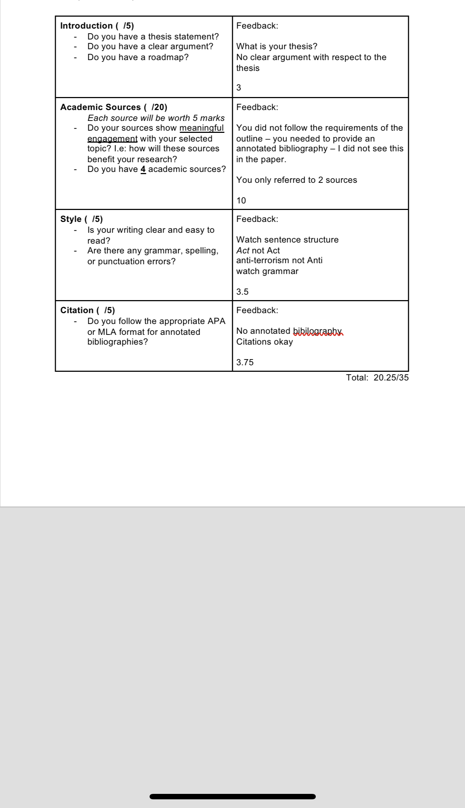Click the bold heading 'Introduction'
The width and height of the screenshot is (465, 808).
coord(86,26)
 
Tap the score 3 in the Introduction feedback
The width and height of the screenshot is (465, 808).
coord(239,88)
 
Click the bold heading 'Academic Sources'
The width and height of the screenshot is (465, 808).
coord(100,107)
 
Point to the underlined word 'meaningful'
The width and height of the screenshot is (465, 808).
coord(202,128)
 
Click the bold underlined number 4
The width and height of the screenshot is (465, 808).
coord(143,169)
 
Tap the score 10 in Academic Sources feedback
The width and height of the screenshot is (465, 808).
coord(241,201)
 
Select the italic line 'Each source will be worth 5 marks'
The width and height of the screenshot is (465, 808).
coord(156,118)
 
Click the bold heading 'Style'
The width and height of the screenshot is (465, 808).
coord(71,219)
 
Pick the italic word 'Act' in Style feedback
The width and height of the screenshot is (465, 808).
coord(243,251)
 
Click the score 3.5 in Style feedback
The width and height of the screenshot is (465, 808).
coord(242,292)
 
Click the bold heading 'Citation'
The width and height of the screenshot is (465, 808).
coord(77,310)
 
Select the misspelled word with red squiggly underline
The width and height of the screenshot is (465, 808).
coord(317,331)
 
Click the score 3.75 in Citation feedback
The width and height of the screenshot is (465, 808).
coord(245,362)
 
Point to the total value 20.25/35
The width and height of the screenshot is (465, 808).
coord(391,378)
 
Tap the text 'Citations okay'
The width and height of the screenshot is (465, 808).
coord(264,342)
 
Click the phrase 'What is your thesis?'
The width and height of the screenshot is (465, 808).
coord(277,46)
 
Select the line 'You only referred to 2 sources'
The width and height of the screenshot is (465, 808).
coord(297,180)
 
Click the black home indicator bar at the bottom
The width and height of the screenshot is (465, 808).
coord(232,796)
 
